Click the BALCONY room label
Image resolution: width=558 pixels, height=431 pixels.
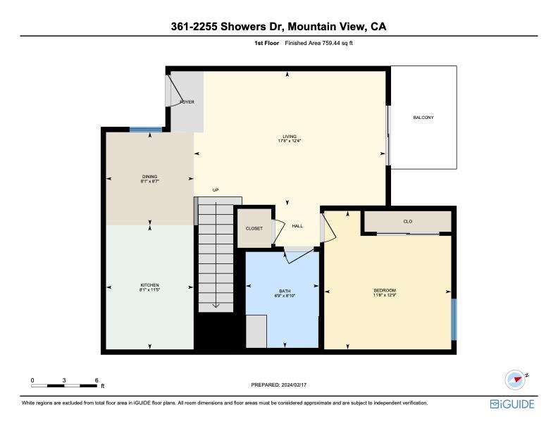[423, 117]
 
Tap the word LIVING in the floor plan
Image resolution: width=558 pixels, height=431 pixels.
[289, 136]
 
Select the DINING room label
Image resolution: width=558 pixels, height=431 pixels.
[149, 177]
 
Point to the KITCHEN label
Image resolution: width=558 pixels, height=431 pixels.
[149, 285]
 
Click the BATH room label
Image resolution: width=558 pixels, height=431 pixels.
[284, 291]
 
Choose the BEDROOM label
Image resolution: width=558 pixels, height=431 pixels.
[385, 291]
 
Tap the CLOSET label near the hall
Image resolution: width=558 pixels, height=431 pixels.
[254, 228]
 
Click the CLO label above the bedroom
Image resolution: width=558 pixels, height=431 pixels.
[407, 221]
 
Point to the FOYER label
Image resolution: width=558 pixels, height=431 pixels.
[187, 102]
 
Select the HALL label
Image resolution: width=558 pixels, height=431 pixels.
[297, 226]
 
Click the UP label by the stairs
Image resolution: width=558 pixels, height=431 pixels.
[216, 189]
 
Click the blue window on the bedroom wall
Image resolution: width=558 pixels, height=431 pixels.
[454, 318]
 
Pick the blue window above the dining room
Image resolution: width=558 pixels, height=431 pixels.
[146, 129]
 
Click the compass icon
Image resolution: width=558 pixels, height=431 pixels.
[516, 380]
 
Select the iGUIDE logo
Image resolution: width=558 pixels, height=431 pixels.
[512, 404]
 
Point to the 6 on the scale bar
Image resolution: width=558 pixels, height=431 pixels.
[96, 380]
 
